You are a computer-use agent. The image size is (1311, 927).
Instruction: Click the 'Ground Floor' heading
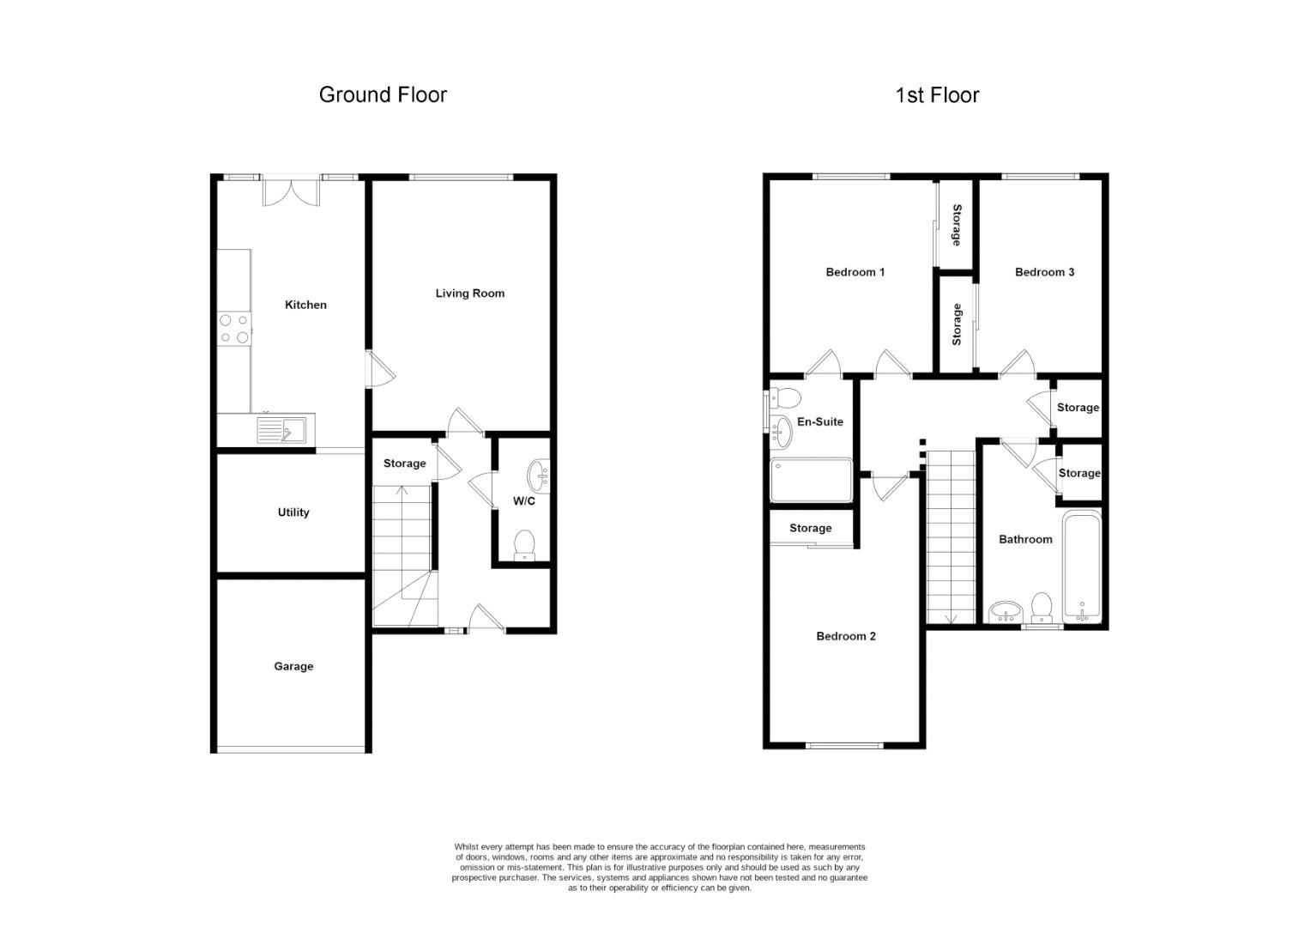pyautogui.click(x=383, y=94)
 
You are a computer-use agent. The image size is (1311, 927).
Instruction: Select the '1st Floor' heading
pyautogui.click(x=937, y=95)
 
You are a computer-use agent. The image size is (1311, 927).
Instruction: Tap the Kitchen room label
pyautogui.click(x=305, y=305)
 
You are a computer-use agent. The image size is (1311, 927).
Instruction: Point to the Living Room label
pyautogui.click(x=469, y=294)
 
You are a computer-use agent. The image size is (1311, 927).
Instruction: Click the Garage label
pyautogui.click(x=293, y=666)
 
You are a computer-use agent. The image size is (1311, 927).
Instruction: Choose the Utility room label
pyautogui.click(x=293, y=512)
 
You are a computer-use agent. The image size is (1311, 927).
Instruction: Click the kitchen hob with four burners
pyautogui.click(x=234, y=328)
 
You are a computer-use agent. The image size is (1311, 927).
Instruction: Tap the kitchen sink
pyautogui.click(x=281, y=429)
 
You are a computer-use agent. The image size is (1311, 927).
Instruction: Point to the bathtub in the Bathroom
pyautogui.click(x=1081, y=566)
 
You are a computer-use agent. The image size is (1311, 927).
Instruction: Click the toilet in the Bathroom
pyautogui.click(x=1042, y=607)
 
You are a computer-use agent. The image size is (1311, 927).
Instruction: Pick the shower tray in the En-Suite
pyautogui.click(x=811, y=480)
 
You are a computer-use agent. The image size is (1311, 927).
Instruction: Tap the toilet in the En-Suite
pyautogui.click(x=784, y=397)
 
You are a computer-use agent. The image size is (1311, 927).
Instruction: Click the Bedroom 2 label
pyautogui.click(x=845, y=636)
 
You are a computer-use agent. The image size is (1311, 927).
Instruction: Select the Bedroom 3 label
pyautogui.click(x=1044, y=272)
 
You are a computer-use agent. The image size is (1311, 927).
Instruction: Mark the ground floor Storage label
pyautogui.click(x=404, y=463)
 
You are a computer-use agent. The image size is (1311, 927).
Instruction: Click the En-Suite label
pyautogui.click(x=820, y=421)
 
